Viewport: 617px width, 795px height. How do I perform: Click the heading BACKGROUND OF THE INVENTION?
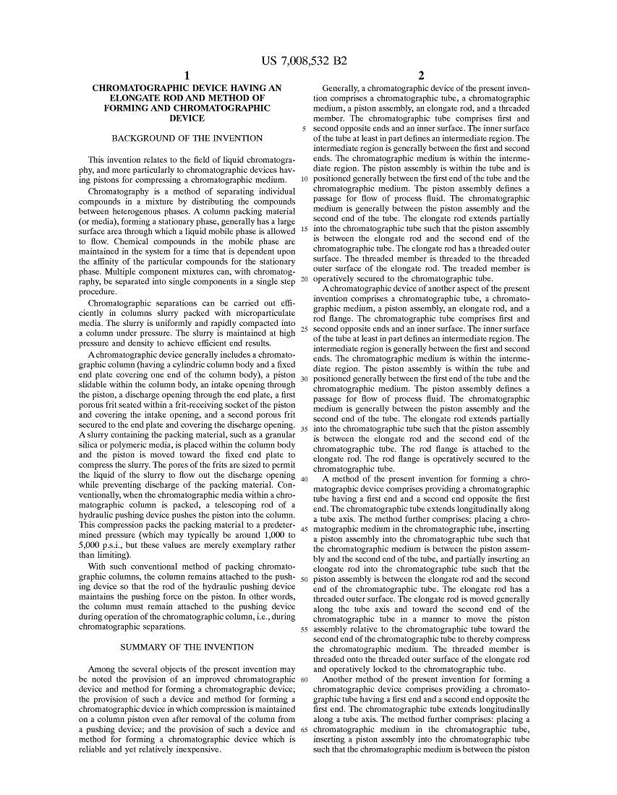187,138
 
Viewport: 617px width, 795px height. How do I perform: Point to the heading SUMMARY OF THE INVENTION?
187,647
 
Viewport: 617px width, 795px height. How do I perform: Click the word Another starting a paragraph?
339,679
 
